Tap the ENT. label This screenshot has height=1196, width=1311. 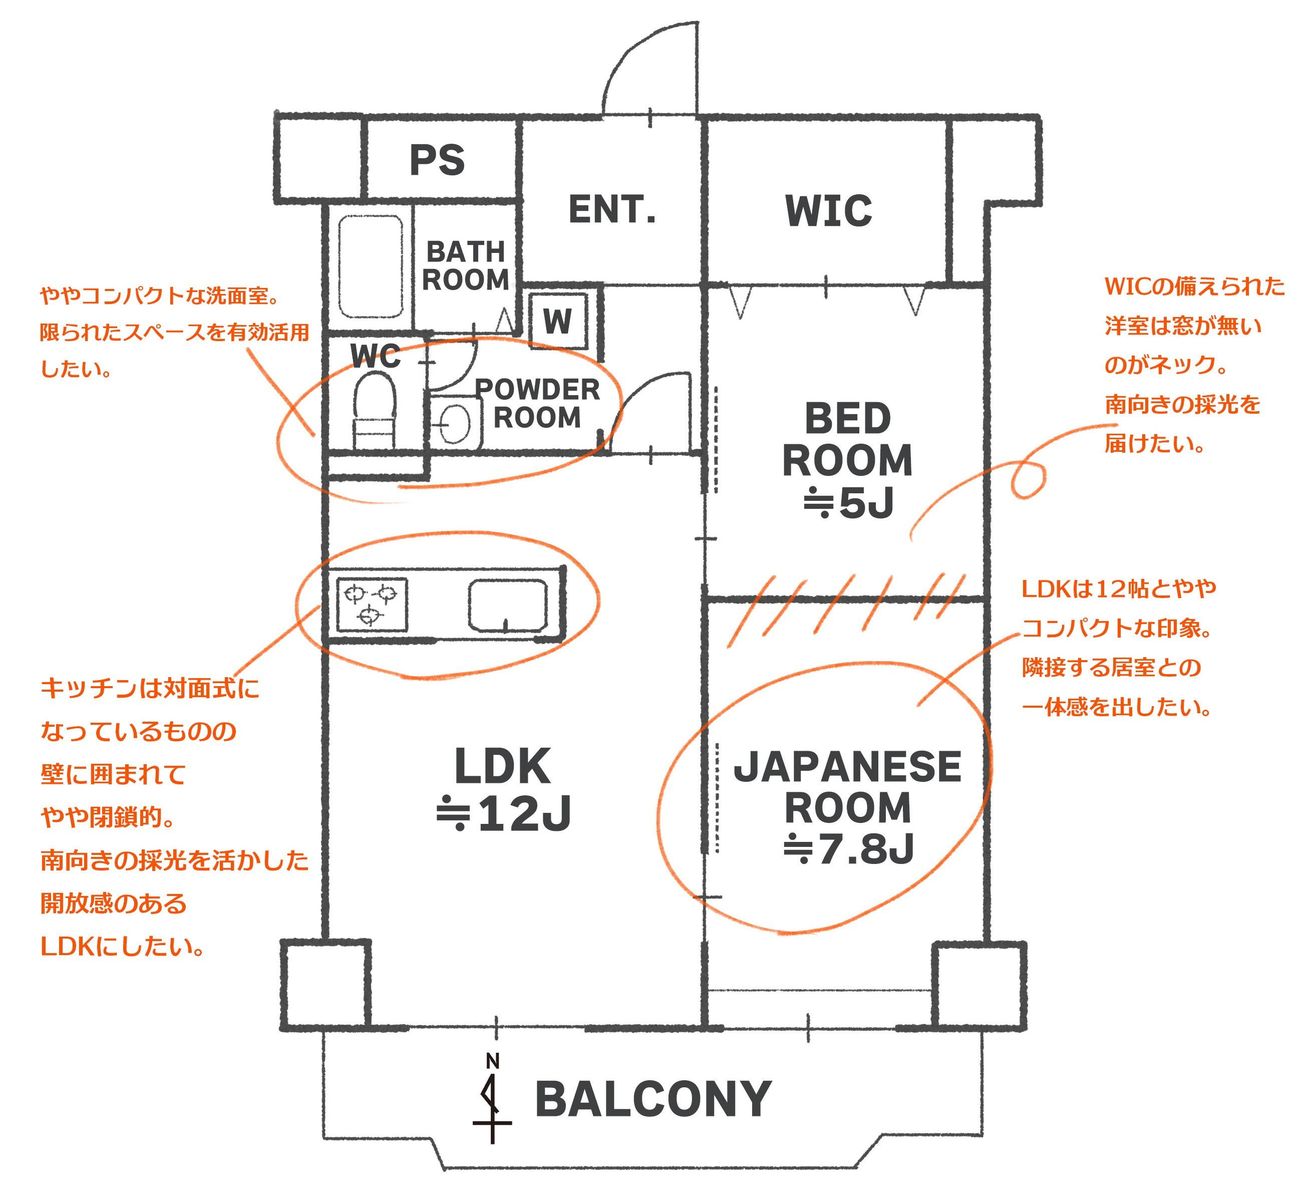612,209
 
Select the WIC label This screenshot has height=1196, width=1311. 828,211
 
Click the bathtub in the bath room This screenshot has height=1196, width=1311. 370,266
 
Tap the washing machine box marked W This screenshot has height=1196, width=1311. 558,321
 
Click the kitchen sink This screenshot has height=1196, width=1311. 507,605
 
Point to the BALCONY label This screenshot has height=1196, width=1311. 653,1100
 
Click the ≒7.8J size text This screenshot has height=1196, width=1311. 849,849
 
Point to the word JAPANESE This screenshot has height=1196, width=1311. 847,767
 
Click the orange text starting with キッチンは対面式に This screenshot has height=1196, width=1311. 150,688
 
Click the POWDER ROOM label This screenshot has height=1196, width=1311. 537,403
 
